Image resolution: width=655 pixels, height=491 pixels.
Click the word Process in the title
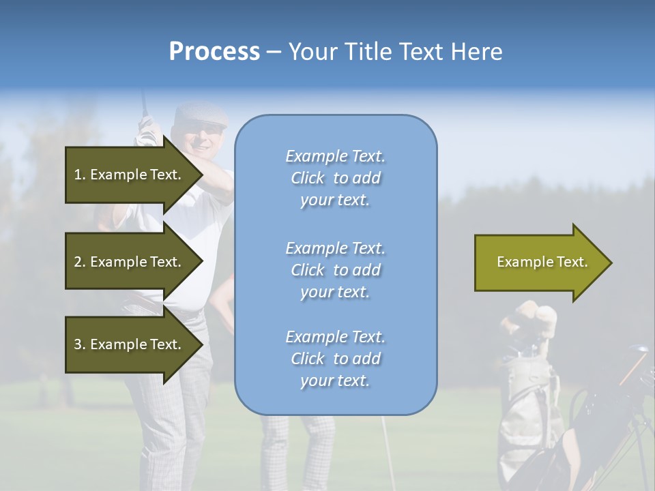[214, 52]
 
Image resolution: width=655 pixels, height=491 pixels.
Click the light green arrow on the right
[542, 263]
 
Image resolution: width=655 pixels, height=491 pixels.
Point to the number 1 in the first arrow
[78, 175]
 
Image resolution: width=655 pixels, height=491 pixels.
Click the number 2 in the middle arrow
[78, 262]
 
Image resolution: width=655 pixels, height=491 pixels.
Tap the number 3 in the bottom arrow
[78, 344]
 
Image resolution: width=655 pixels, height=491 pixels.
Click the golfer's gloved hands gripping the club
[146, 132]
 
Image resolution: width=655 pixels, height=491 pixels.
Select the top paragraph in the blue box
[335, 178]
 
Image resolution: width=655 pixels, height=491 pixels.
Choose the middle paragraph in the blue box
[335, 270]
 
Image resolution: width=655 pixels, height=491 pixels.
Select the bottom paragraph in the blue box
[335, 359]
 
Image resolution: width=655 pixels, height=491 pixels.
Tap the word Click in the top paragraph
[308, 178]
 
